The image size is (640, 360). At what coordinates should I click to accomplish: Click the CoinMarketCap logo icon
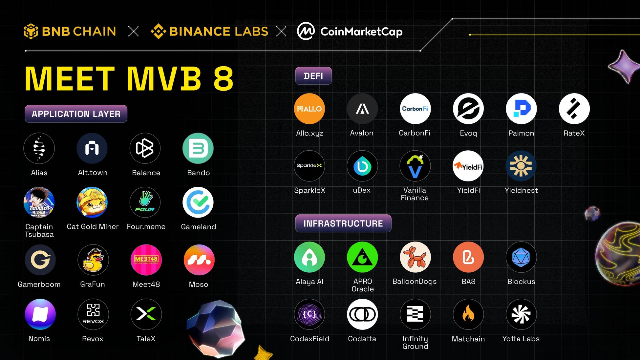coord(306,31)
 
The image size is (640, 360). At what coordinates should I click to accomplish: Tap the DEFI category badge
coord(313,76)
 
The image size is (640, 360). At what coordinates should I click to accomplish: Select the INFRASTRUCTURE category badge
coord(343,223)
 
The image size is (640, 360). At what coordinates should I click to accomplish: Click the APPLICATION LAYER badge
coord(76,114)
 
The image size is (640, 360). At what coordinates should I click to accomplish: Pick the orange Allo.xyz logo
coord(309,109)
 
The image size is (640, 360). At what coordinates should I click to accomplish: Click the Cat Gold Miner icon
coord(92,202)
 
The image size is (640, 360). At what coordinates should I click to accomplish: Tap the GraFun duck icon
coord(93,260)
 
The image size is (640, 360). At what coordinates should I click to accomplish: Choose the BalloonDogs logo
coord(415,257)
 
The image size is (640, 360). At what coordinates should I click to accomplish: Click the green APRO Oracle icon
coord(362,257)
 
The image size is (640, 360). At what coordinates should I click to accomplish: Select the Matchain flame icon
coord(468,314)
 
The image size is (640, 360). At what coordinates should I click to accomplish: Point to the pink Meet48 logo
coord(146,260)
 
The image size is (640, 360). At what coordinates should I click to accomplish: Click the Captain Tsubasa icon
coord(39,202)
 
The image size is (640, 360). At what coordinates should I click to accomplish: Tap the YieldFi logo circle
coord(468,166)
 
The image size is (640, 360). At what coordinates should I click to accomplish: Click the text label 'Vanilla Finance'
coord(415,194)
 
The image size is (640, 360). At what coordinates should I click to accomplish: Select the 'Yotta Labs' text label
coord(521,339)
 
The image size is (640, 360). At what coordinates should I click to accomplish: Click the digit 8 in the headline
coord(223,79)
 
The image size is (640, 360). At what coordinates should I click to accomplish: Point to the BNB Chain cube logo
coord(31,31)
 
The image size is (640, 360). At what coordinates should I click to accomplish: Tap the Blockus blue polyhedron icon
coord(521,257)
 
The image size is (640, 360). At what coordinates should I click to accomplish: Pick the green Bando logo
coord(198,148)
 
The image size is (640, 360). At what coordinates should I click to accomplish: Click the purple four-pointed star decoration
coord(624,66)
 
